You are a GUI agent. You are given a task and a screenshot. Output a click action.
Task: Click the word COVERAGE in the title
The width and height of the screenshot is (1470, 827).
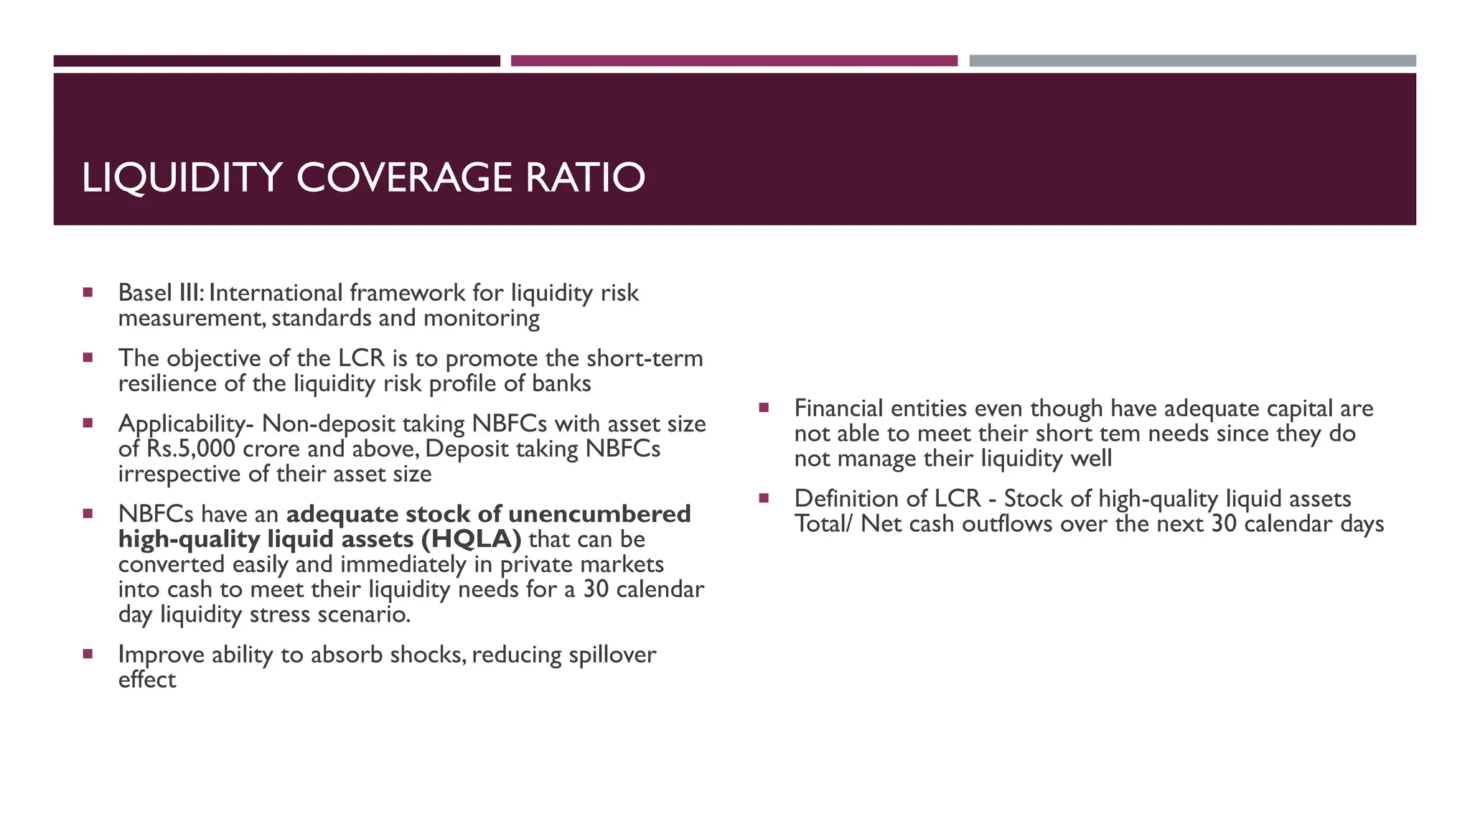tap(404, 178)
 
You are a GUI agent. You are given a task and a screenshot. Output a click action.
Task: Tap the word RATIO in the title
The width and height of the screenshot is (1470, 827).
tap(585, 178)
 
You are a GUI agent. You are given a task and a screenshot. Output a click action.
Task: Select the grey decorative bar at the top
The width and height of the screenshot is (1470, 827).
tap(1192, 61)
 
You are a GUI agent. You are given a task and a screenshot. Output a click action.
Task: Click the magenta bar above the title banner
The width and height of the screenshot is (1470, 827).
tap(734, 61)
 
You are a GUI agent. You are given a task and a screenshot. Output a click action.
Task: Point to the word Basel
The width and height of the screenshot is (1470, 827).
tap(145, 293)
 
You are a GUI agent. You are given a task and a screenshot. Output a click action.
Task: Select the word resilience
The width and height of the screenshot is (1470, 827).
tap(168, 383)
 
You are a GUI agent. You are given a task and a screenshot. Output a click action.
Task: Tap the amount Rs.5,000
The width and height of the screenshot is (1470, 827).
tap(191, 449)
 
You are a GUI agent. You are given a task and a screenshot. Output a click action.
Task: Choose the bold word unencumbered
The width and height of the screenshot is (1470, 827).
tap(599, 514)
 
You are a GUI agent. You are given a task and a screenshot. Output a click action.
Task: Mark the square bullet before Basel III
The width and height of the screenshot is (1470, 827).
tap(88, 292)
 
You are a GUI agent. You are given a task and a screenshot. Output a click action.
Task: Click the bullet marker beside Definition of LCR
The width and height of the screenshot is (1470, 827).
tap(764, 497)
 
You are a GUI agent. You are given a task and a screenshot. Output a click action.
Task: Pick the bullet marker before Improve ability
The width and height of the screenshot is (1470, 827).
tap(88, 654)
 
